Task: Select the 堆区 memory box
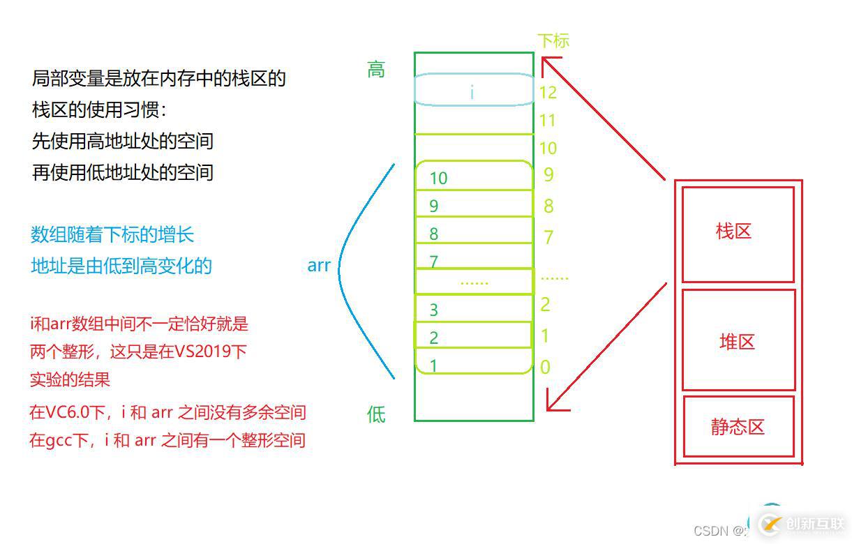click(738, 340)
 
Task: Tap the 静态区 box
click(738, 426)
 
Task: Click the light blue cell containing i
click(474, 90)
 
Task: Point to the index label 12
click(548, 92)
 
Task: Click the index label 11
click(547, 121)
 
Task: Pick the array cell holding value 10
click(474, 176)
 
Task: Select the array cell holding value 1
click(474, 362)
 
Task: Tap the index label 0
click(545, 367)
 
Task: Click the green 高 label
click(376, 70)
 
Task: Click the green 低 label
click(376, 415)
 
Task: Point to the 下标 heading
click(553, 40)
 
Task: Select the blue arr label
click(319, 266)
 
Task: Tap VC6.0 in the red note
click(76, 412)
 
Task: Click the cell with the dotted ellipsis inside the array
click(474, 281)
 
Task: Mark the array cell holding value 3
click(474, 309)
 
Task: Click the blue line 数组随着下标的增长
click(112, 235)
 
